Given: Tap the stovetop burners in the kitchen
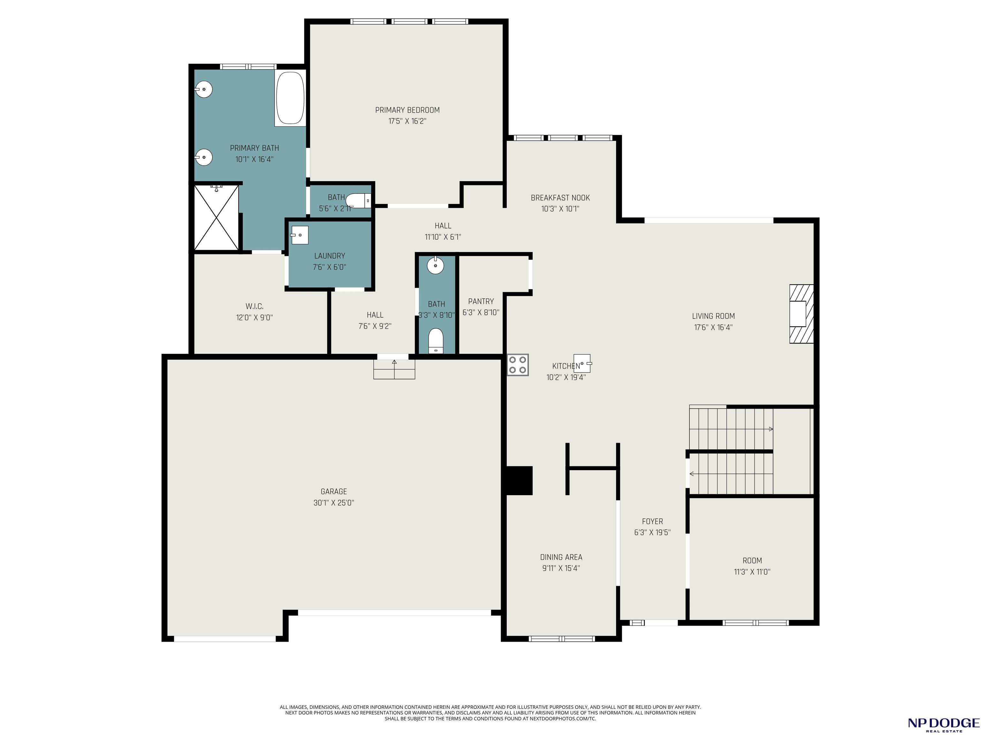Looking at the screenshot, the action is click(x=518, y=365).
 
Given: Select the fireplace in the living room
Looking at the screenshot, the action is click(x=802, y=314).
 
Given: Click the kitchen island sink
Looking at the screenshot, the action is click(x=582, y=363).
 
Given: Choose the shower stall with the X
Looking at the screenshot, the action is click(x=217, y=218).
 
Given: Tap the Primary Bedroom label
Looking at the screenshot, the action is click(x=407, y=110).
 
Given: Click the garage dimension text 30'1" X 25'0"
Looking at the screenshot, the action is click(x=333, y=503).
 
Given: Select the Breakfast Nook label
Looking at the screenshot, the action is click(x=560, y=197).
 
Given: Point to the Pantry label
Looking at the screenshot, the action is click(x=481, y=301).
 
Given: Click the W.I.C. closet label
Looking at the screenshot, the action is click(x=255, y=306).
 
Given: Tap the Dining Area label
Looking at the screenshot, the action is click(x=561, y=557).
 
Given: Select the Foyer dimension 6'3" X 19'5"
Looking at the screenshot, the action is click(x=652, y=532).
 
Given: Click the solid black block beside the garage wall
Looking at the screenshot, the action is click(x=519, y=480).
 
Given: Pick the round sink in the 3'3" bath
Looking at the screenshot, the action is click(x=436, y=265).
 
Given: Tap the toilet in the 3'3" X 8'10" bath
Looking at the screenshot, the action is click(x=436, y=341).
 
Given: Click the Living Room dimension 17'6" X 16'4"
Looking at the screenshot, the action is click(x=713, y=327).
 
